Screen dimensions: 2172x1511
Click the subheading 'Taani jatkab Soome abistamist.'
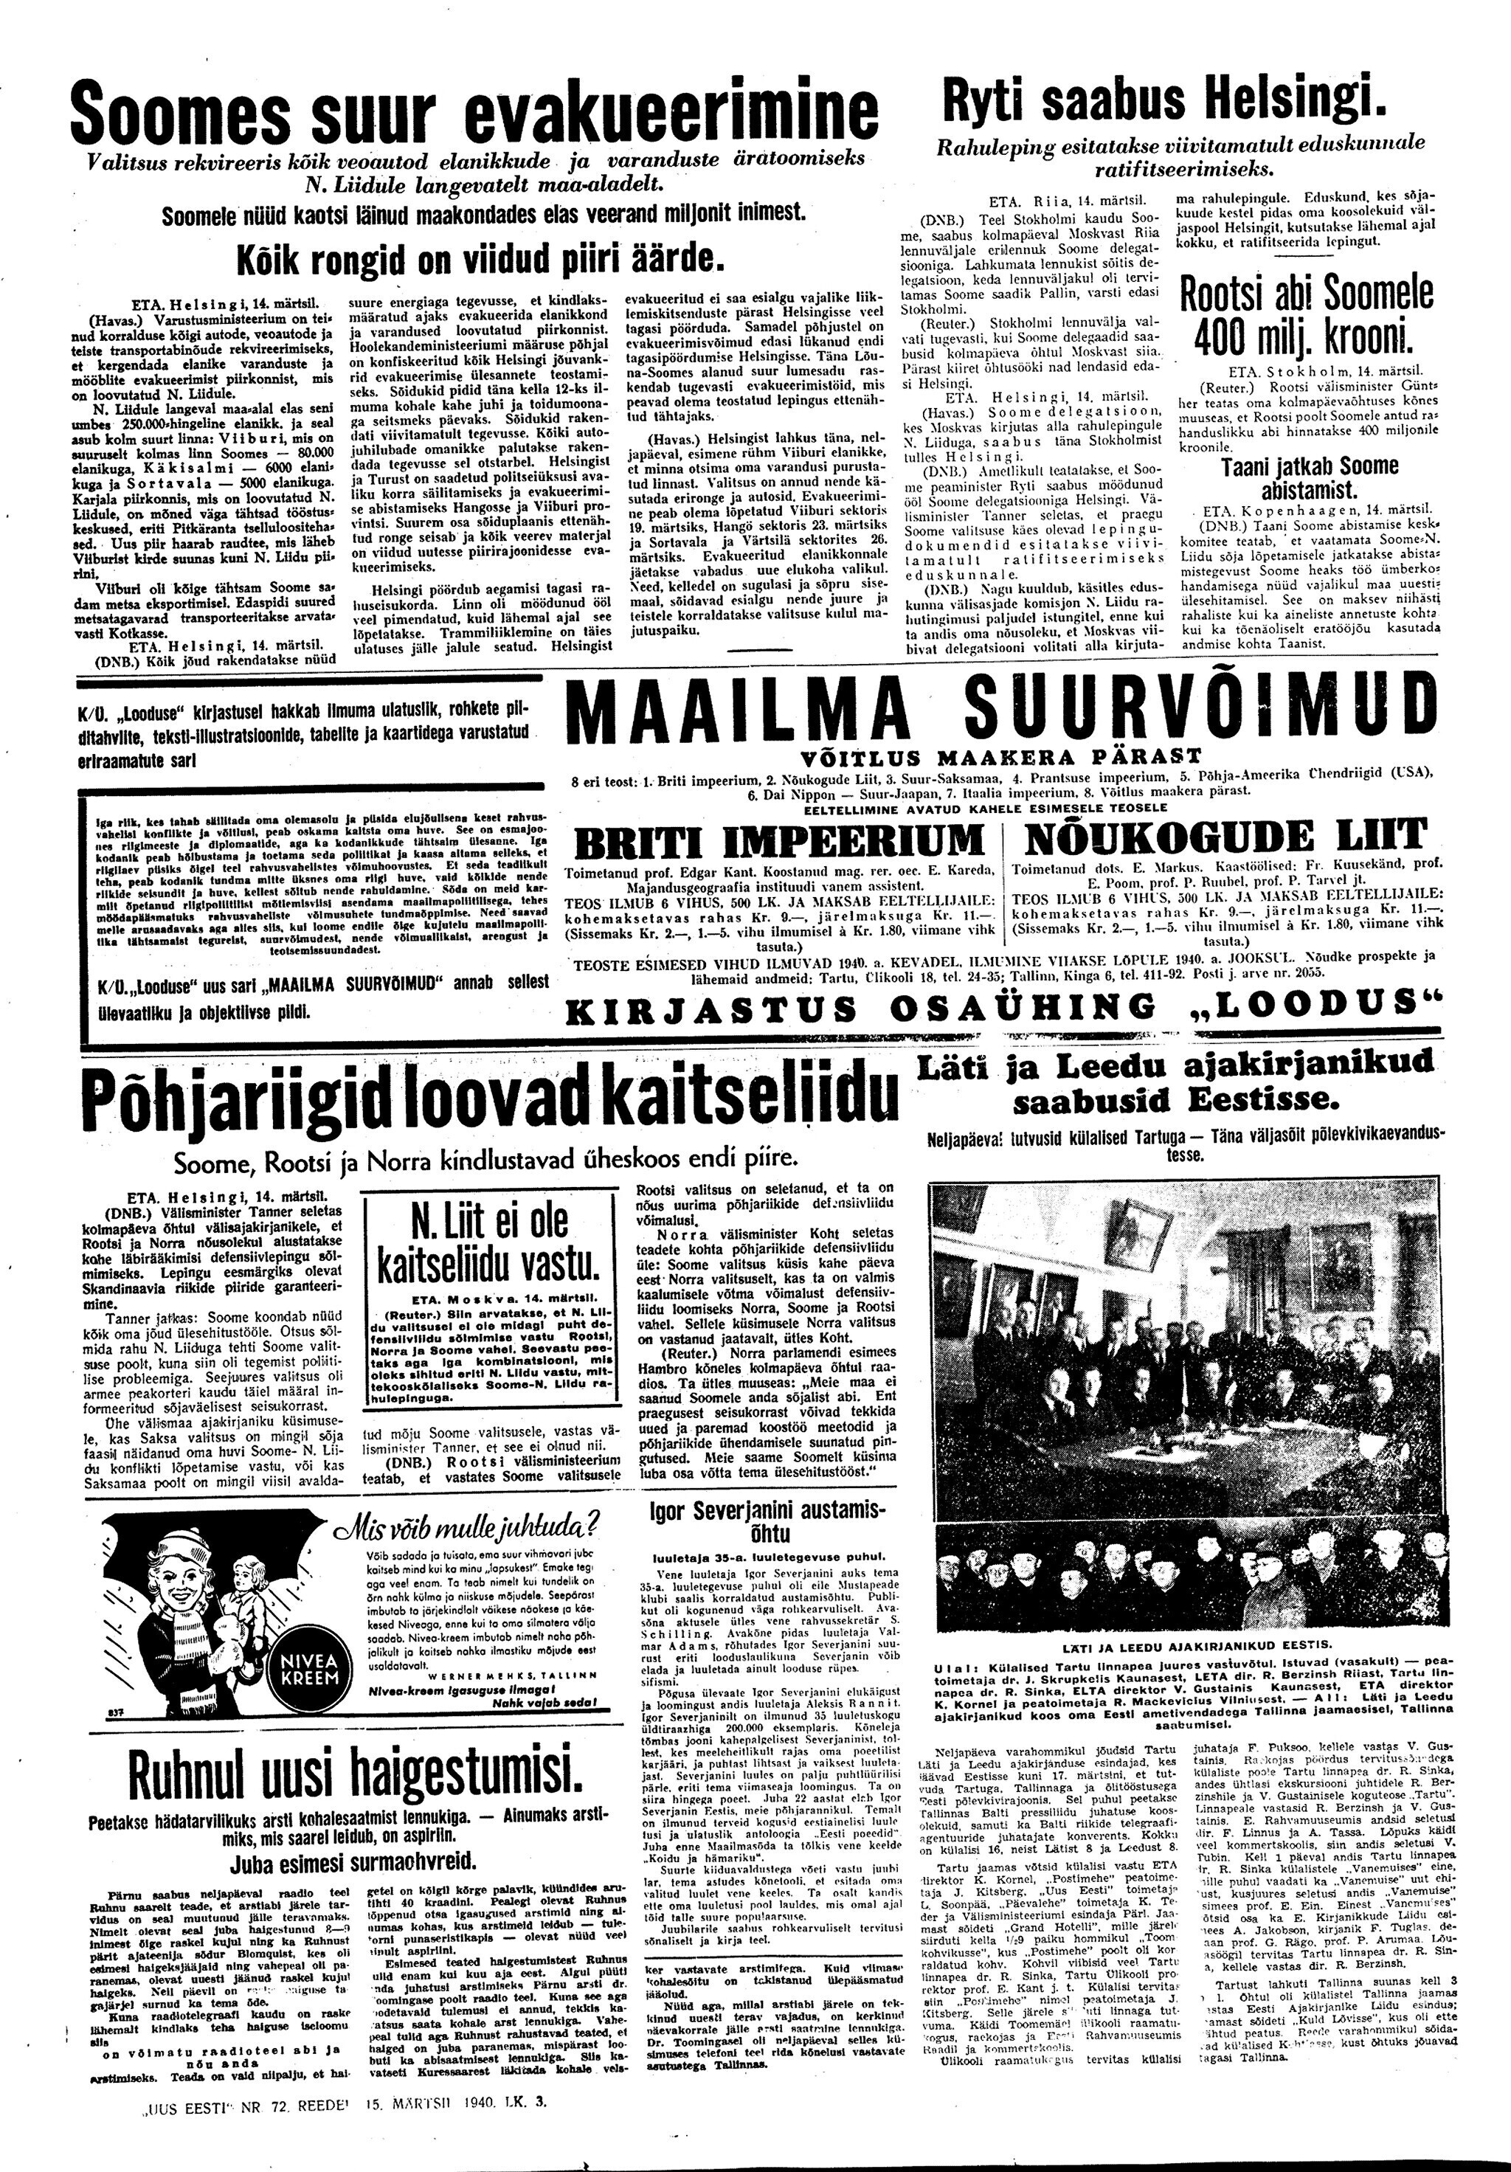coord(1296,477)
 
